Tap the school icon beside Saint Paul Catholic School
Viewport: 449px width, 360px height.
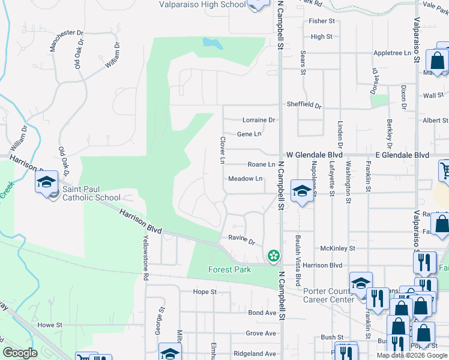click(46, 182)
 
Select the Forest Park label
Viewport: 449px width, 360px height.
click(229, 269)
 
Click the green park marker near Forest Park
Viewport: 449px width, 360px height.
click(274, 256)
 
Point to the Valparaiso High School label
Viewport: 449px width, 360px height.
click(203, 4)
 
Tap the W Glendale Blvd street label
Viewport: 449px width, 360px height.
click(314, 155)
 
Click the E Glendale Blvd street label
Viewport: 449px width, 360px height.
click(402, 155)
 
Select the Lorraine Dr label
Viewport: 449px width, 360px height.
click(258, 120)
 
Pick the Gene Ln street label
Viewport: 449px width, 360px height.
click(249, 134)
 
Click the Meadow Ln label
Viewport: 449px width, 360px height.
click(246, 179)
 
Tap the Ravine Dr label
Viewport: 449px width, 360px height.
click(242, 239)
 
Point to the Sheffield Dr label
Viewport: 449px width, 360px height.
click(304, 104)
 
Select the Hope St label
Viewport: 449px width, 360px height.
click(205, 292)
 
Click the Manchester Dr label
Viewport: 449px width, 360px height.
click(66, 32)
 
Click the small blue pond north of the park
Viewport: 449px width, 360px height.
click(212, 43)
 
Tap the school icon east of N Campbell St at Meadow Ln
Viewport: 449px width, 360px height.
click(301, 191)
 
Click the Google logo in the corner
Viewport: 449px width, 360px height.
click(20, 353)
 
